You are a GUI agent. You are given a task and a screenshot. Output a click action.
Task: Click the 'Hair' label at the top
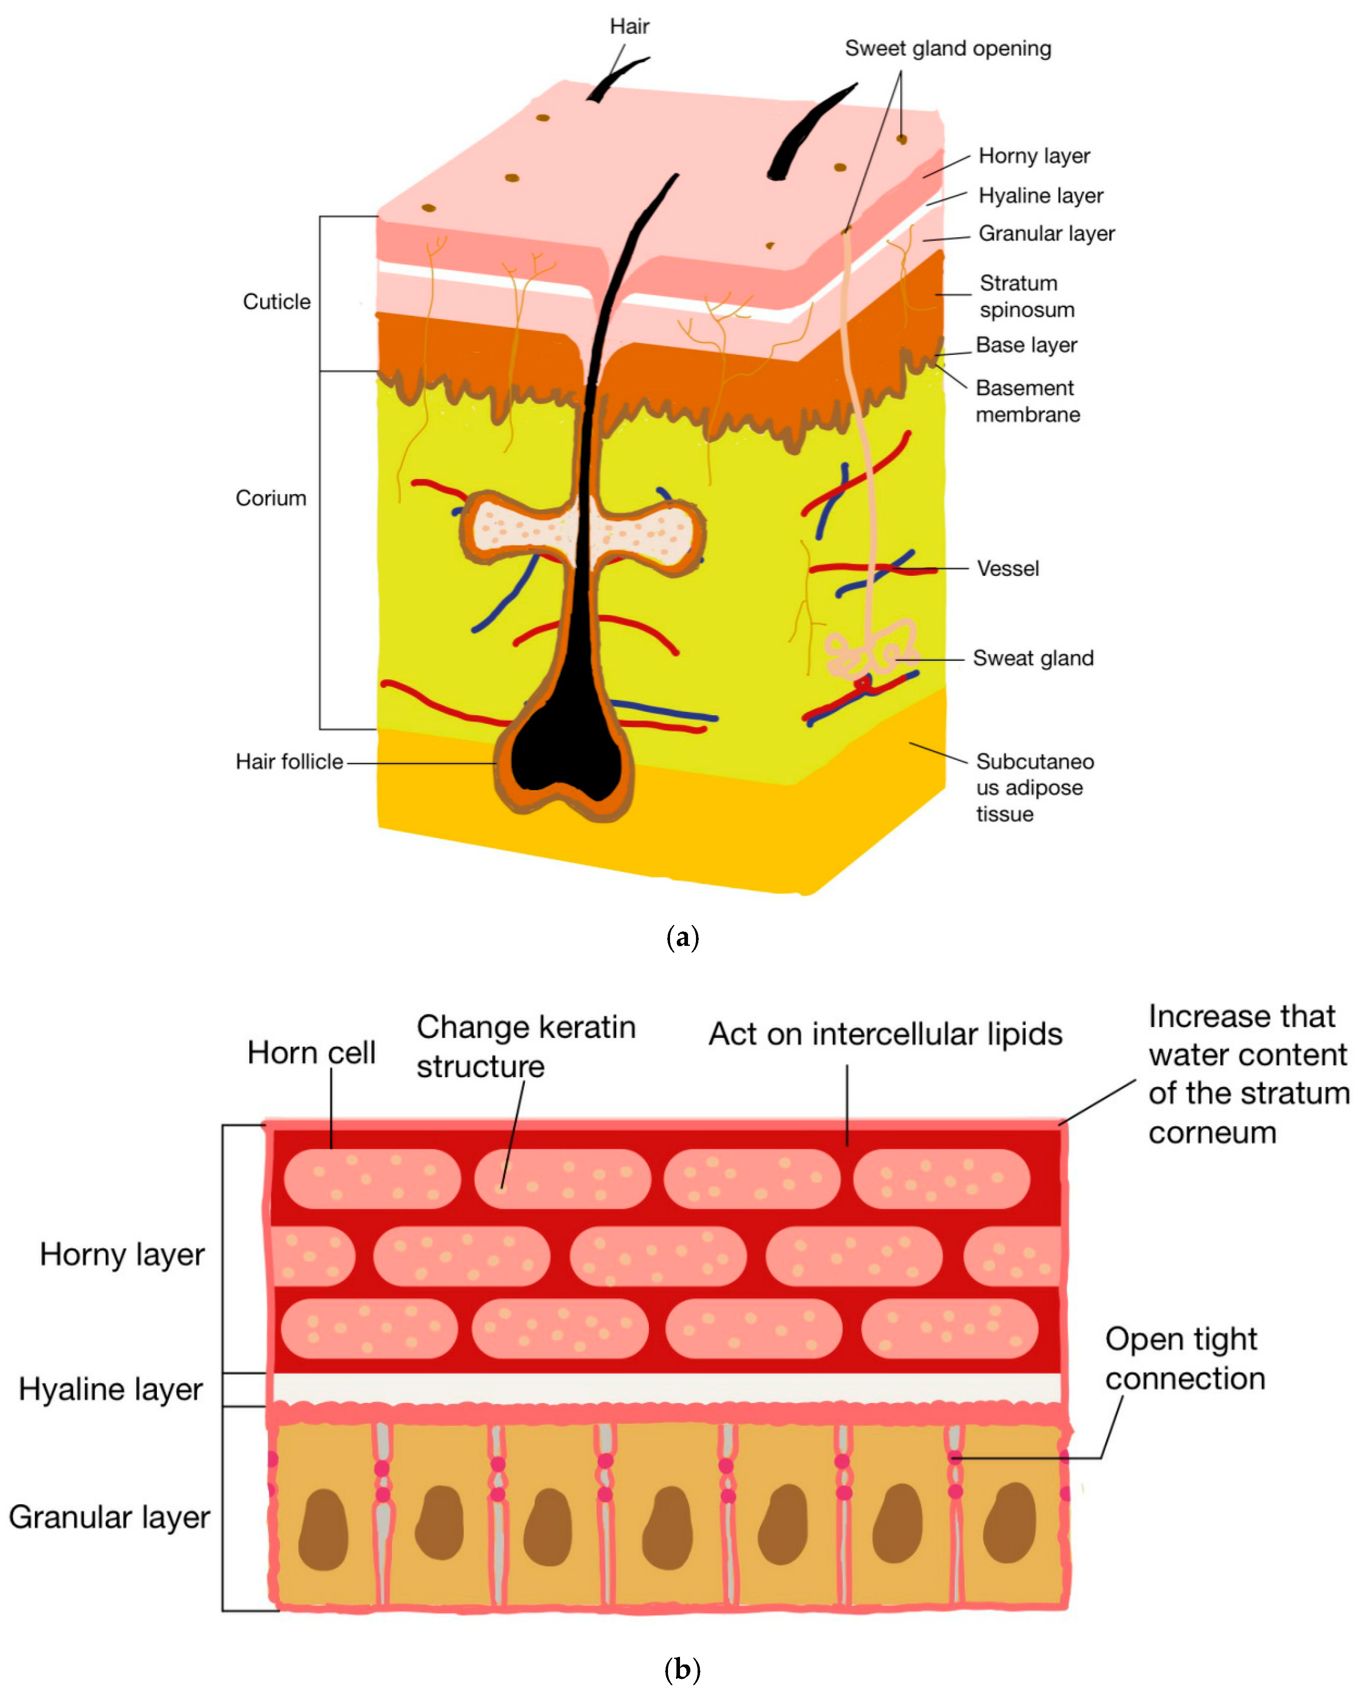629,27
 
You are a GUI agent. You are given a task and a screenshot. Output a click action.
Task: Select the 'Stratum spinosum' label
1026,296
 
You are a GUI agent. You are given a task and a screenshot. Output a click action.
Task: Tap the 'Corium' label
271,498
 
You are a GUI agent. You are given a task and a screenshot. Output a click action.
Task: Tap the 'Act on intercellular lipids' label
885,1034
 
